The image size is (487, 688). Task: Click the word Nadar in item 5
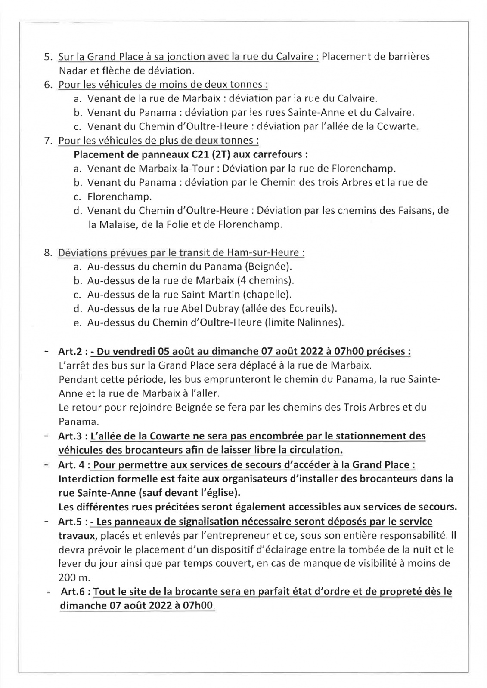(x=71, y=71)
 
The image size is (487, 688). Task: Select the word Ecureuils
(x=314, y=309)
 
